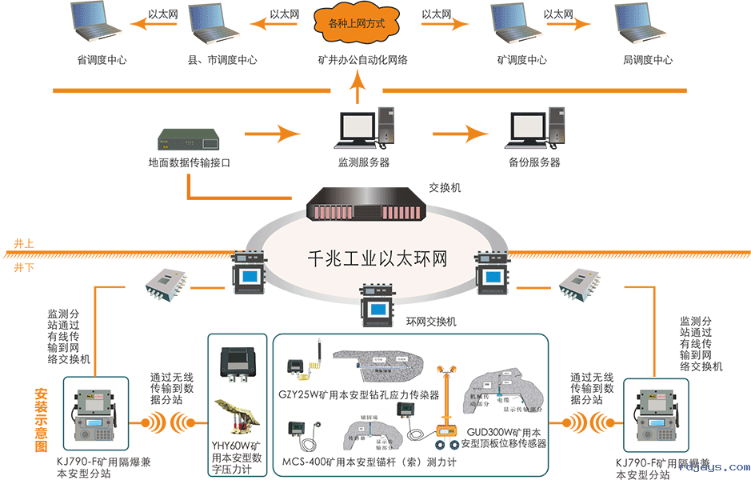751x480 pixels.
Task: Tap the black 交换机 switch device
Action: click(x=365, y=206)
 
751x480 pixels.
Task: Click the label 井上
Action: click(x=24, y=243)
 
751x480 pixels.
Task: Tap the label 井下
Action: click(x=24, y=267)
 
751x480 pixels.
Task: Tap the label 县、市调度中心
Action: click(x=222, y=60)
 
